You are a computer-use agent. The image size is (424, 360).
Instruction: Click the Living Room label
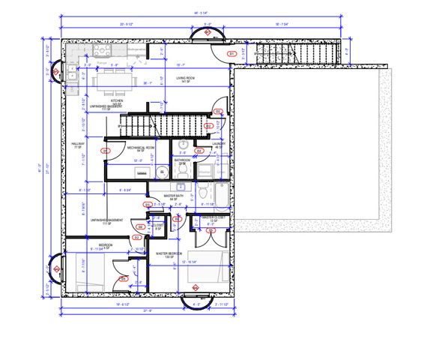click(x=186, y=78)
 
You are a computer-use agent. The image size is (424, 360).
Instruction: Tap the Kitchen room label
click(x=116, y=100)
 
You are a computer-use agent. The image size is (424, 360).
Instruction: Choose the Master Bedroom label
click(x=169, y=253)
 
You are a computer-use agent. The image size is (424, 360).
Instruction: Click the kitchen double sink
click(x=70, y=73)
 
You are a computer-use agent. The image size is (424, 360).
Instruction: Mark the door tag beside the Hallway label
click(x=106, y=151)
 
